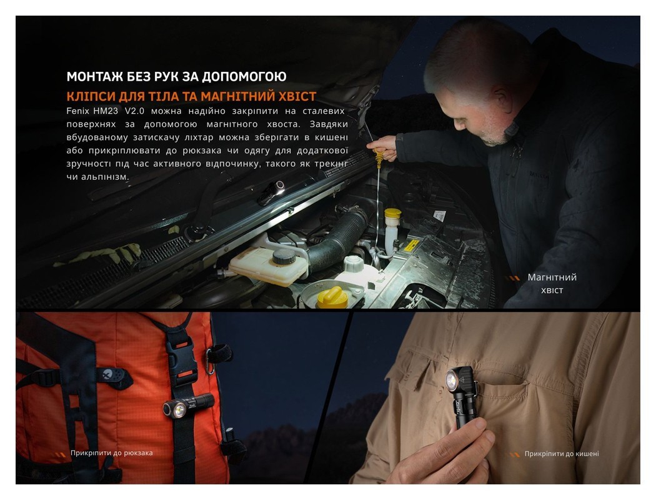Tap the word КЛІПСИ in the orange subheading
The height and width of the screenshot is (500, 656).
[89, 96]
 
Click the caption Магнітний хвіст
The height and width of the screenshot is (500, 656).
[552, 283]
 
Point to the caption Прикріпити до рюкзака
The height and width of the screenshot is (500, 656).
[111, 453]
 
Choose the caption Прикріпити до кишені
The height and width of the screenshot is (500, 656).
[561, 454]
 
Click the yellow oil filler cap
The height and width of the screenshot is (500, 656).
[332, 297]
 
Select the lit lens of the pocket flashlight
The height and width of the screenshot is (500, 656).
[452, 382]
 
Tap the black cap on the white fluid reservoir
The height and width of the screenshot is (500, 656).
[284, 256]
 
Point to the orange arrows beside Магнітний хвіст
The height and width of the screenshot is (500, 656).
[512, 278]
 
